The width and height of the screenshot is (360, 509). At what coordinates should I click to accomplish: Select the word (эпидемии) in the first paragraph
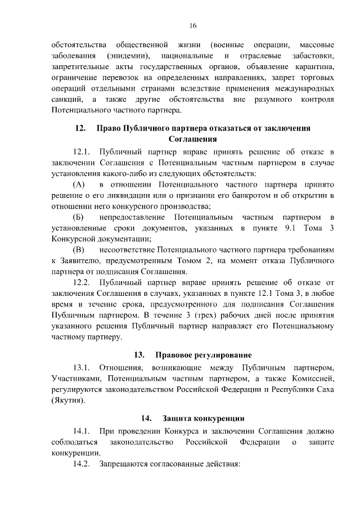[x=130, y=56]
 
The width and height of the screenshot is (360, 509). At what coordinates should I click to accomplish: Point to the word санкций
[x=65, y=100]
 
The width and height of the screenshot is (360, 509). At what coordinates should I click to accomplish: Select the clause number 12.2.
[x=82, y=282]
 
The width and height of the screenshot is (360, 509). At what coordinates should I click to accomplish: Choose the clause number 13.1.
[x=82, y=368]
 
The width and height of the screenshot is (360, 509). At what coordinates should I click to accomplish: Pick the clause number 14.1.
[x=82, y=431]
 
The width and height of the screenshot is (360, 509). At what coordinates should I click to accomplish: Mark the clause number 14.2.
[x=82, y=464]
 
